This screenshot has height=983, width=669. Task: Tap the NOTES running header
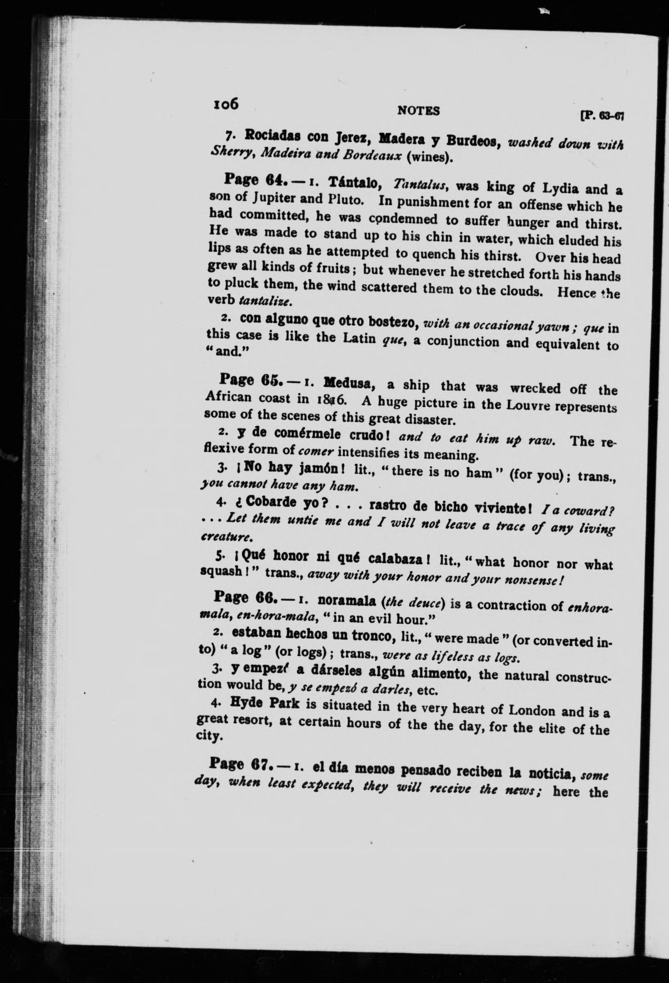[419, 111]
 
